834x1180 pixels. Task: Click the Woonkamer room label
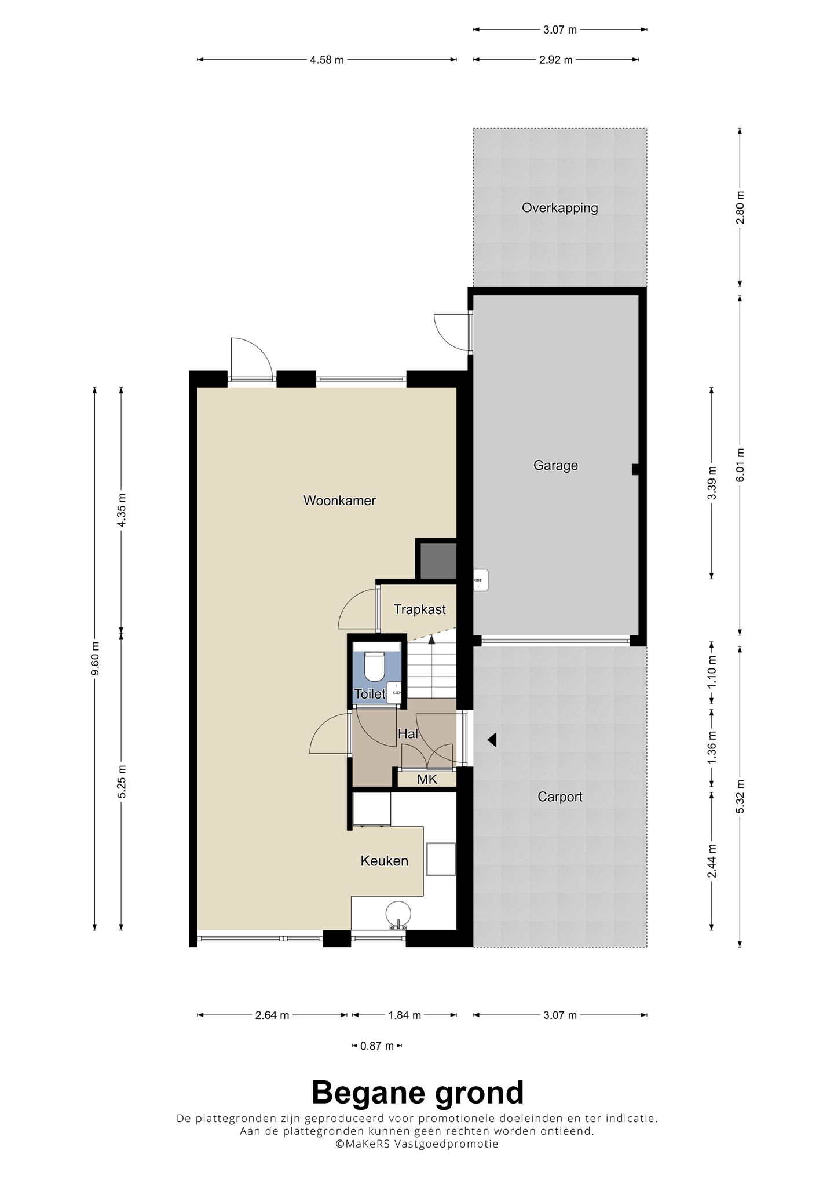tap(339, 501)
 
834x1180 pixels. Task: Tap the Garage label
tap(555, 466)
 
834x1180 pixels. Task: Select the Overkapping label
tap(559, 208)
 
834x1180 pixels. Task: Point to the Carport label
tap(559, 797)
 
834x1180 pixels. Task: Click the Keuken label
tap(384, 861)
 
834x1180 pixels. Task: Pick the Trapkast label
tap(419, 609)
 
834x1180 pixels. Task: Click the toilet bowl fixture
tap(374, 667)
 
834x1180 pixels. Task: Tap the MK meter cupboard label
tap(427, 780)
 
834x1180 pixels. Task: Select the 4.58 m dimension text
tap(327, 60)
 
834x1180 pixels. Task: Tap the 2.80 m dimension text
tap(741, 208)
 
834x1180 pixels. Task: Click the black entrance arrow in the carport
tap(492, 740)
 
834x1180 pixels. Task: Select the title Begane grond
tap(418, 1093)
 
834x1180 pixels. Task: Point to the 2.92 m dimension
tap(556, 60)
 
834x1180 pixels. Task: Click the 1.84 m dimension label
tap(404, 1015)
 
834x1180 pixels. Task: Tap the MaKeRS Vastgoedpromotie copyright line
tap(417, 1144)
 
